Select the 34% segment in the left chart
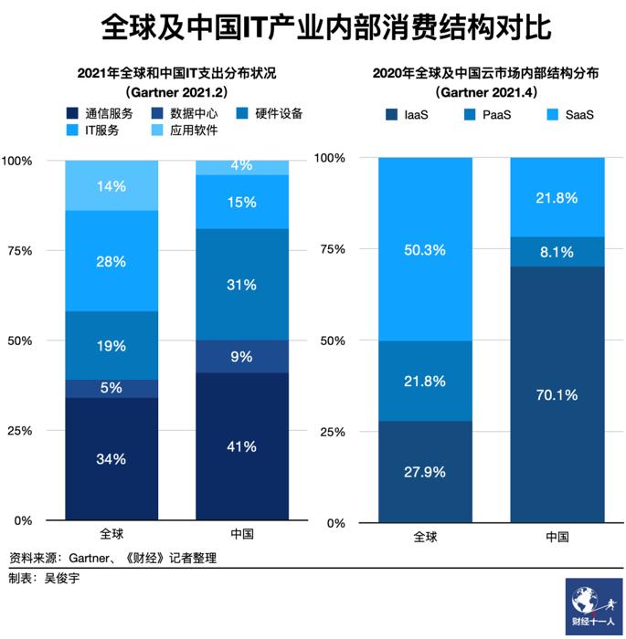[111, 459]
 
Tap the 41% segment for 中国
[242, 446]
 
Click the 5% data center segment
[111, 388]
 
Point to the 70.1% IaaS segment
[557, 395]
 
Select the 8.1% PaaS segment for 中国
[557, 251]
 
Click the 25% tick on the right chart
[332, 431]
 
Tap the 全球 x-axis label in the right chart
[425, 537]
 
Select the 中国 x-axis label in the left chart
[242, 534]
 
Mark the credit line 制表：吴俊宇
[45, 580]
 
